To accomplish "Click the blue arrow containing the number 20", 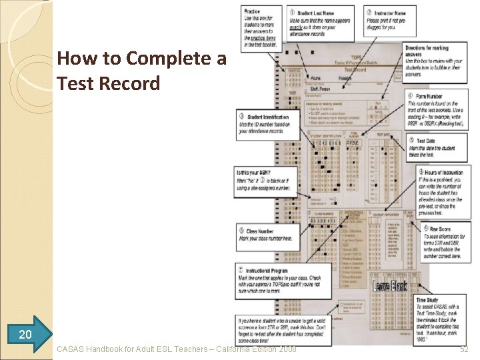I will tap(25, 333).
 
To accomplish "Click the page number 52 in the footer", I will tap(464, 349).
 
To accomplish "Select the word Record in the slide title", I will tap(136, 84).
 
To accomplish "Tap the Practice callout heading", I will tap(253, 11).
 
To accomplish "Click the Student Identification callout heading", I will tap(267, 117).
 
